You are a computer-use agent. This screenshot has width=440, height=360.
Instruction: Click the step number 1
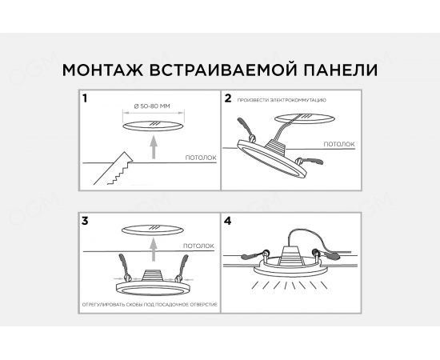coord(86,99)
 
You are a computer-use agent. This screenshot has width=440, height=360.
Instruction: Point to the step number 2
coord(228,99)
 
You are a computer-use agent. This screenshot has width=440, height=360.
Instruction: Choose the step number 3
coord(86,219)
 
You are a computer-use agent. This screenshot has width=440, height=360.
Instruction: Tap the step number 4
coord(228,219)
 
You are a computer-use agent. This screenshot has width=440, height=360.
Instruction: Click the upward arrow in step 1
coord(152,148)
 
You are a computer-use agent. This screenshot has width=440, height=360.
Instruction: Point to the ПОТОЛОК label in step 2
coord(339,144)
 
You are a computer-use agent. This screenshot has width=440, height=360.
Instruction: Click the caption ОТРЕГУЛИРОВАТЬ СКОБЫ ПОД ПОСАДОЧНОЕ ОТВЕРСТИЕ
coord(149,306)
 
